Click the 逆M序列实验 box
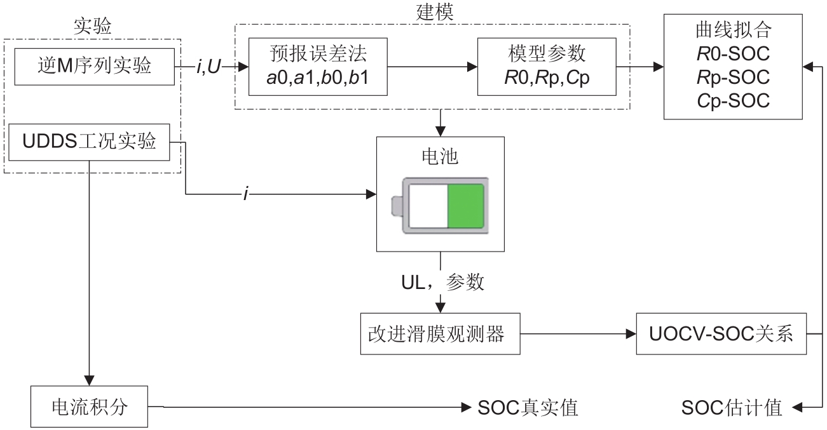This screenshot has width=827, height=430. pos(95,65)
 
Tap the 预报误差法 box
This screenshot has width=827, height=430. pos(318,65)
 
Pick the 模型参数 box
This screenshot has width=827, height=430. pos(547,65)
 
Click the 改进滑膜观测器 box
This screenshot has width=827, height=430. pos(439,334)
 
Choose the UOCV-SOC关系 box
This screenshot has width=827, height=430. pos(721,334)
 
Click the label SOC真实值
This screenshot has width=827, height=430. pos(528,407)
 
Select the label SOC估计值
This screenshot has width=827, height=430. pos(731,407)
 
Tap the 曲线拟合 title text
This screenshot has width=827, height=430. pos(732,30)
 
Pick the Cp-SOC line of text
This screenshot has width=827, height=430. pos(732,100)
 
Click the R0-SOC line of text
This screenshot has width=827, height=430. pos(732,53)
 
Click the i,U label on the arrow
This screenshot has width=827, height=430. pos(208,65)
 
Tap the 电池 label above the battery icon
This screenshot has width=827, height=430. pos(439,156)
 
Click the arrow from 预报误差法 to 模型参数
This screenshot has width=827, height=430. pos(432,65)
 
